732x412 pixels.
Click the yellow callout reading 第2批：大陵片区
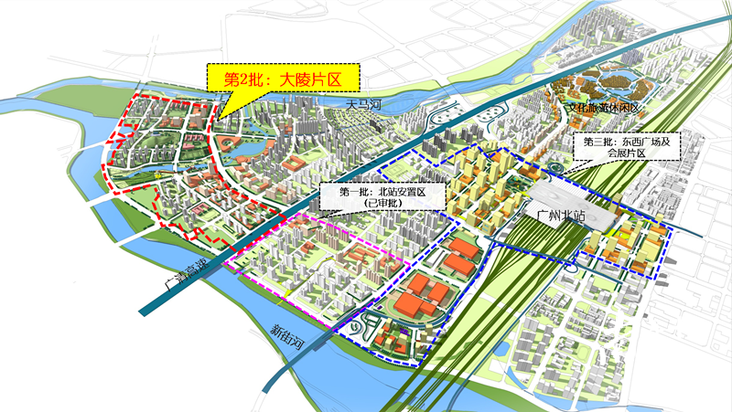[x=283, y=79]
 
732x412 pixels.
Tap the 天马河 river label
[x=361, y=106]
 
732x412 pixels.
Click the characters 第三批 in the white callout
[x=589, y=142]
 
